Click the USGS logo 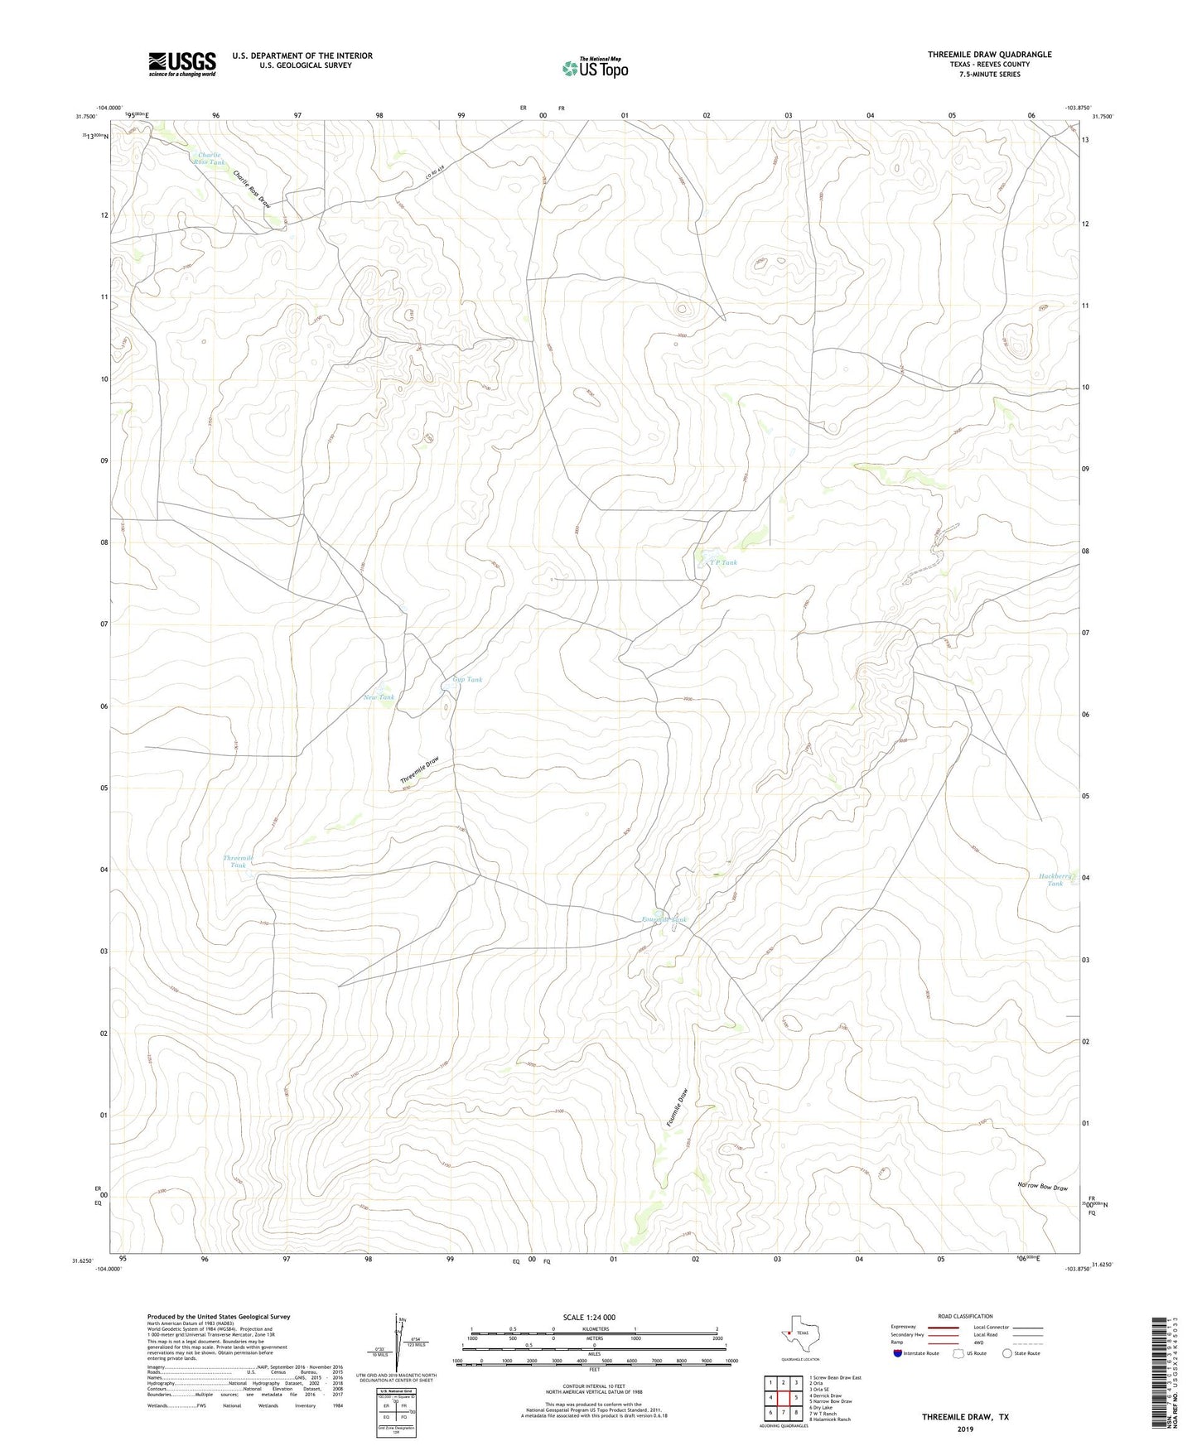click(x=182, y=63)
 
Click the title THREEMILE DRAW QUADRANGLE click(x=989, y=55)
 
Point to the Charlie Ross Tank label click(x=210, y=158)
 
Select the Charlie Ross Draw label click(x=252, y=190)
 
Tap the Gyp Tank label click(x=467, y=680)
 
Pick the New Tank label click(x=379, y=697)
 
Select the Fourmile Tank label click(x=664, y=920)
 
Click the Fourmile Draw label click(x=677, y=1106)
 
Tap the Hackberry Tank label click(x=1055, y=880)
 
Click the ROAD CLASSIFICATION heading click(x=964, y=1316)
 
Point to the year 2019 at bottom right click(x=965, y=1429)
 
